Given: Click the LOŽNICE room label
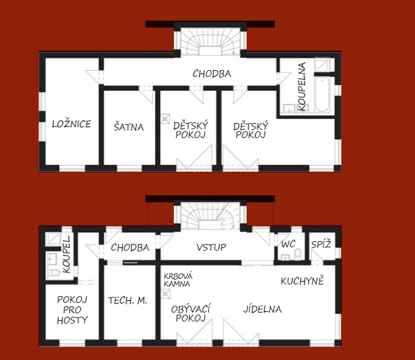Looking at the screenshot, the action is tap(71, 124).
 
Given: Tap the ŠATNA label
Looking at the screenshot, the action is tap(129, 127).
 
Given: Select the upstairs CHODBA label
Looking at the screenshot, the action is tap(212, 74).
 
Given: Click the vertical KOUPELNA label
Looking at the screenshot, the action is tap(302, 87).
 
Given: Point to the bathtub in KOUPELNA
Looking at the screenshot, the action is tap(322, 95).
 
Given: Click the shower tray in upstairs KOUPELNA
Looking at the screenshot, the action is tap(322, 65).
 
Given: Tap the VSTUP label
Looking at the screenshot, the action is tap(211, 247).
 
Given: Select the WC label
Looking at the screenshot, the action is tap(288, 244).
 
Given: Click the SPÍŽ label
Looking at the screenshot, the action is tap(321, 244).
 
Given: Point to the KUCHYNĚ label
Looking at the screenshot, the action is tap(302, 280).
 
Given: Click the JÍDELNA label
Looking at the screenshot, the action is tap(262, 309).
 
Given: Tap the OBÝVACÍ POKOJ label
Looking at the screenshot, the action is tap(190, 313).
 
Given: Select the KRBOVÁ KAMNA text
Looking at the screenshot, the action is tap(178, 280).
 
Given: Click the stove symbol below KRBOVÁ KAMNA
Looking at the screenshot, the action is tap(166, 294).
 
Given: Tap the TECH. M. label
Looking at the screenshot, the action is tap(127, 300).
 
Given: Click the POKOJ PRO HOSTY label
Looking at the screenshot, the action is tap(72, 310).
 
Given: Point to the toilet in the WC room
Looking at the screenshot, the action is tap(298, 254).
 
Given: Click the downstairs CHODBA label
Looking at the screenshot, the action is tap(130, 247).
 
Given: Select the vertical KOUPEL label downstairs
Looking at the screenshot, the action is tap(67, 255).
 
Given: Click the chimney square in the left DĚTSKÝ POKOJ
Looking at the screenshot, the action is tap(165, 118).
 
